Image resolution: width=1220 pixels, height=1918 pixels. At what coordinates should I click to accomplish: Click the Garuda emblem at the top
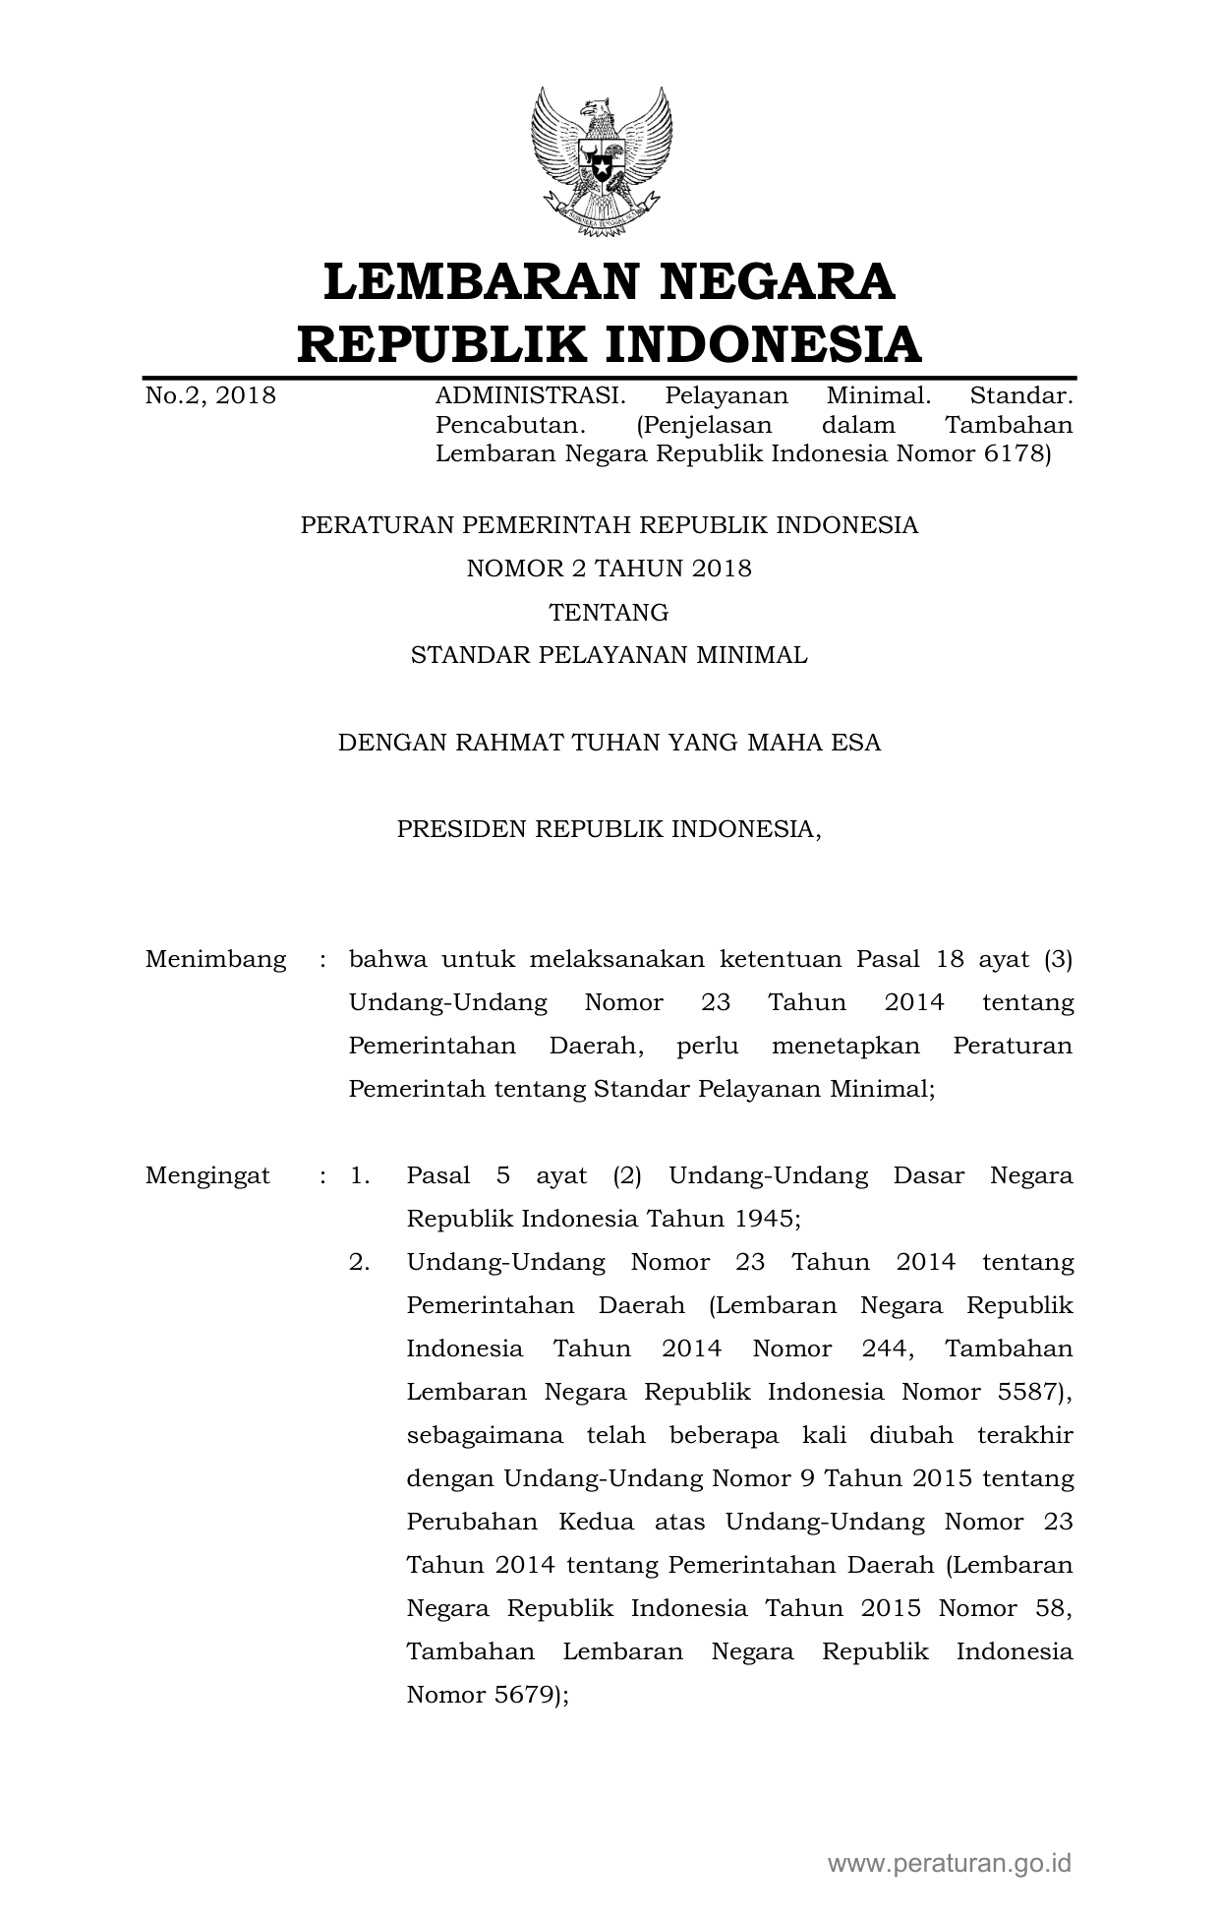click(x=602, y=161)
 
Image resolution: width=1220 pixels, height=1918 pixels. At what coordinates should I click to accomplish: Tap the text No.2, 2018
click(x=210, y=396)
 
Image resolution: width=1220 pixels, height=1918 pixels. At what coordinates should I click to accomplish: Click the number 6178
click(x=1017, y=454)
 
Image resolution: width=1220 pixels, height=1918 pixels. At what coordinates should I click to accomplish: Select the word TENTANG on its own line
click(x=609, y=613)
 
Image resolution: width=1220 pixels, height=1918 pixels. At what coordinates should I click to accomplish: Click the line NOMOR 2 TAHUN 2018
click(x=609, y=569)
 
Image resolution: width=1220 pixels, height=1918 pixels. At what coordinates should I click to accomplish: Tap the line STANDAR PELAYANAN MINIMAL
click(x=609, y=655)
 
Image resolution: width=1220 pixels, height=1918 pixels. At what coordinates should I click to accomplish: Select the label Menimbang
click(x=215, y=959)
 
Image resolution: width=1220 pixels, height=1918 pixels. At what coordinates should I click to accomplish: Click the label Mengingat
click(x=207, y=1175)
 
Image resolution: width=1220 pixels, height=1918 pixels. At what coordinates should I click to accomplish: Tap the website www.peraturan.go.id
click(x=949, y=1862)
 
